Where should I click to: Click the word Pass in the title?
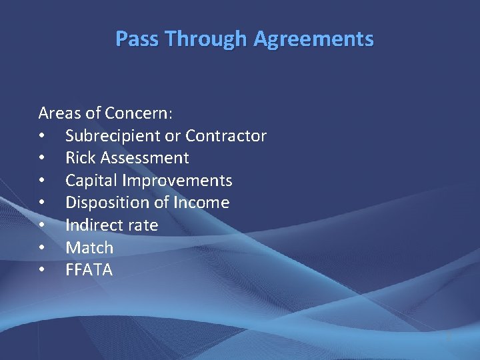(x=138, y=39)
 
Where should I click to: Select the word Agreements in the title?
(x=313, y=39)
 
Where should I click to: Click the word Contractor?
(x=226, y=136)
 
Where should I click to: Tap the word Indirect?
(x=93, y=225)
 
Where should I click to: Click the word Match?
(x=89, y=248)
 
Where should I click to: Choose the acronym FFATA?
(x=89, y=270)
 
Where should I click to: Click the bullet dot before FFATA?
(x=41, y=271)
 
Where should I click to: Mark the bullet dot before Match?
(x=41, y=248)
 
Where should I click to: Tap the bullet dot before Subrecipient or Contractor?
(x=41, y=137)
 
